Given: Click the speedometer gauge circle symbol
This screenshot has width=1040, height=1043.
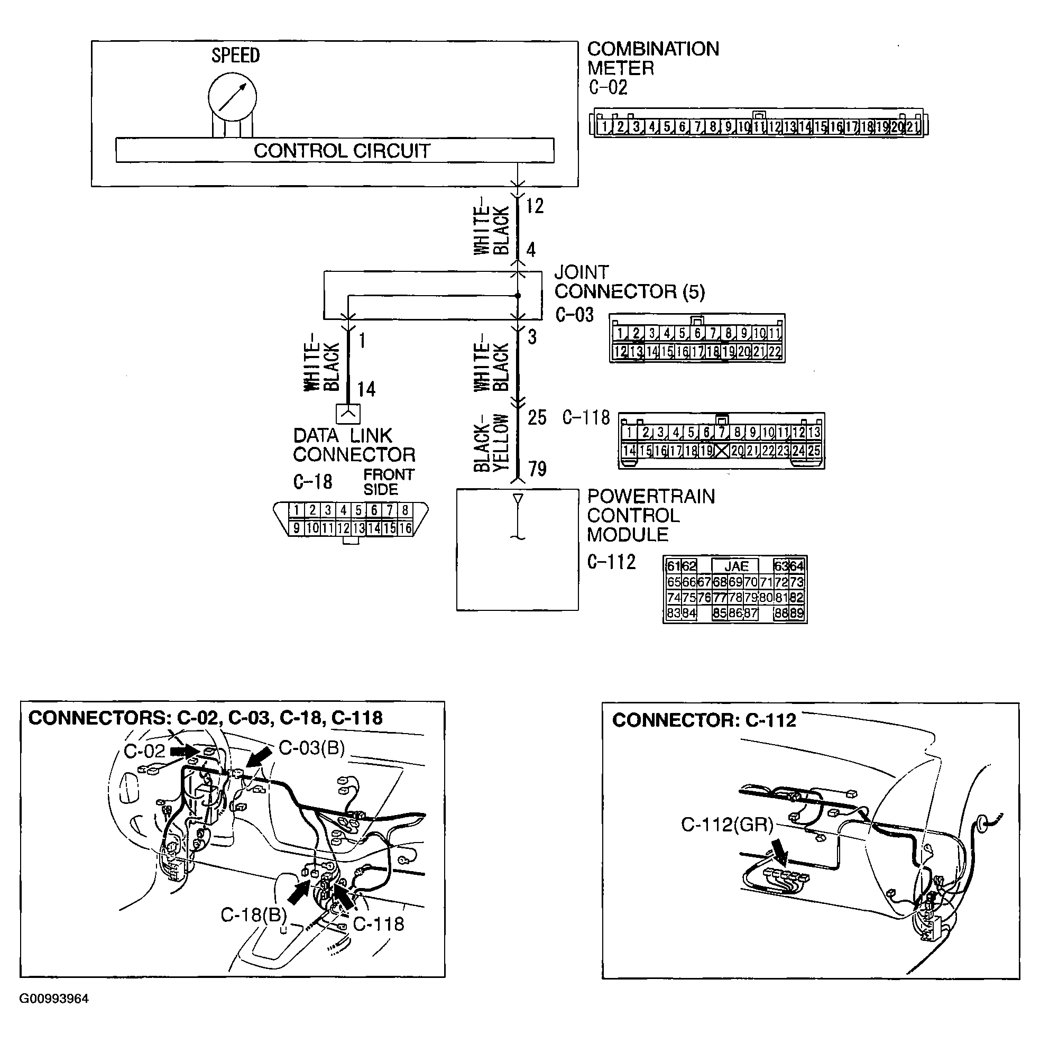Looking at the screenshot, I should pos(232,97).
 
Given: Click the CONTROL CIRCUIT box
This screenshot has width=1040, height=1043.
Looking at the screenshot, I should pos(335,151).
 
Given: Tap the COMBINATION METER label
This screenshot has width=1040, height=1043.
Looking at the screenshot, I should pos(652,58).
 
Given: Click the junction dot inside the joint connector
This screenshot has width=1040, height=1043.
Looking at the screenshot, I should pos(518,296).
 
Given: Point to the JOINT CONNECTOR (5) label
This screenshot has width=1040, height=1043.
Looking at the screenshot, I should pos(629,282).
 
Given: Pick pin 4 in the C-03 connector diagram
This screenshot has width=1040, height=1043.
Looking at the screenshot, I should pos(667,333).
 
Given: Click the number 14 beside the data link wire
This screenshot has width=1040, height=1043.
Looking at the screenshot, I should pos(366,389).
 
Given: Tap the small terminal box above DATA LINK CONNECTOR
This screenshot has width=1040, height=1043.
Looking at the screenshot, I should pos(348,414).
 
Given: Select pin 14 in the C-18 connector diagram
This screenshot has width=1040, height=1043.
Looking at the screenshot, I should pos(373,528).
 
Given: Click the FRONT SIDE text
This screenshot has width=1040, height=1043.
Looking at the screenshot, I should pos(388,482).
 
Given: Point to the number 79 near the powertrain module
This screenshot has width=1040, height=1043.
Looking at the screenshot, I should pos(537,469).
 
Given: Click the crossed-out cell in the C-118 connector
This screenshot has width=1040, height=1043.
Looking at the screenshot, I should pos(722,451).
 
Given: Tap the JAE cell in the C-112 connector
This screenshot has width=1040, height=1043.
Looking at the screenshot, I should pos(735,566).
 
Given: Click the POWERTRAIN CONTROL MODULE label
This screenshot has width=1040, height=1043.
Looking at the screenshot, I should pos(650,516).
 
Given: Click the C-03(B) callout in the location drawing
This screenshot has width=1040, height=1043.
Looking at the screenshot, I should pos(311,748).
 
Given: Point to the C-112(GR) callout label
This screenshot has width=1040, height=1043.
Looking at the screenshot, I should pos(726,825).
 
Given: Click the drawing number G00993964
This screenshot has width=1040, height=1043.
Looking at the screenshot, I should pos(54,999).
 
